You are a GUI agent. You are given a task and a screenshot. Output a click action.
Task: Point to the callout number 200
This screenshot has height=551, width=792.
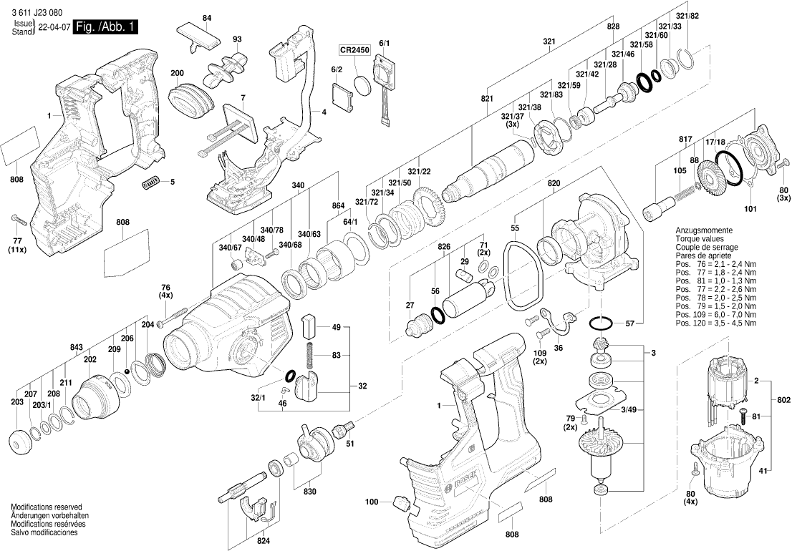tap(177, 73)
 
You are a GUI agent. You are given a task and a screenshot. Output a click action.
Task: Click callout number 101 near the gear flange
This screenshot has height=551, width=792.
tap(750, 210)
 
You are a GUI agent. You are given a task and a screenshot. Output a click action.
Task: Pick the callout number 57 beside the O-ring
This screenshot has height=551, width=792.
tap(629, 324)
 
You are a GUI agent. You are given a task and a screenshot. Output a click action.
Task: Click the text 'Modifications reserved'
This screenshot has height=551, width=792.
tap(47, 506)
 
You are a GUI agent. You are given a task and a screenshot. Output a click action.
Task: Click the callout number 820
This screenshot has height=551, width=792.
tap(554, 182)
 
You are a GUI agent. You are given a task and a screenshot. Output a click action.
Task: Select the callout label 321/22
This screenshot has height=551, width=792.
tap(420, 171)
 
